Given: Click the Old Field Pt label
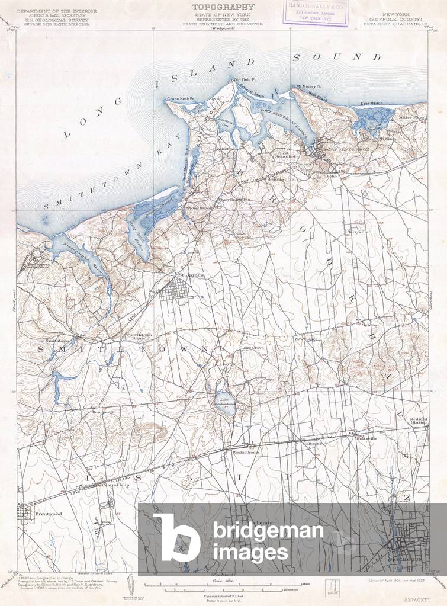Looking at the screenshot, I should [245, 79].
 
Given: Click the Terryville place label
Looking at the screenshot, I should [358, 232].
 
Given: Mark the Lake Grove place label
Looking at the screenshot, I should [252, 348].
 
